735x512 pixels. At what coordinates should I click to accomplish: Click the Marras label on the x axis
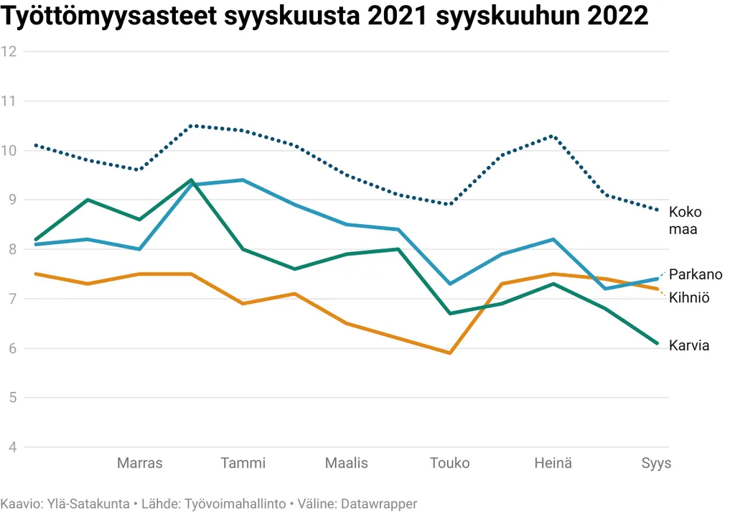point(139,463)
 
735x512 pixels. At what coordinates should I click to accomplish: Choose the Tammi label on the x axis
point(243,463)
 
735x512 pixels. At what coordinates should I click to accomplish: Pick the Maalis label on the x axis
point(347,463)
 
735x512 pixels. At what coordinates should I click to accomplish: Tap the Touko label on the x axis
point(450,463)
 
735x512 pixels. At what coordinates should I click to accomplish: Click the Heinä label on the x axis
point(553,463)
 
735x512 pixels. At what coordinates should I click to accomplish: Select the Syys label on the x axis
point(656,463)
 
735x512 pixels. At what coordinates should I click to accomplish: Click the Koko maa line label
point(685,220)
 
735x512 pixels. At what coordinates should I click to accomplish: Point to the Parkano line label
point(696,274)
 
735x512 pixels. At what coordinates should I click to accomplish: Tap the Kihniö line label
point(689,297)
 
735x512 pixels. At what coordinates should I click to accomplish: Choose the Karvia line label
point(689,345)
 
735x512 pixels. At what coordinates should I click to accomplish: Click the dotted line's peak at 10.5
point(191,126)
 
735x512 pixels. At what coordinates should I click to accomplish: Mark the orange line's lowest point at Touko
point(450,353)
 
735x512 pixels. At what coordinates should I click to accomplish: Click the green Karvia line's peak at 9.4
point(191,180)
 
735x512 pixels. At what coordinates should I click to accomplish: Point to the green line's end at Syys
point(657,343)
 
